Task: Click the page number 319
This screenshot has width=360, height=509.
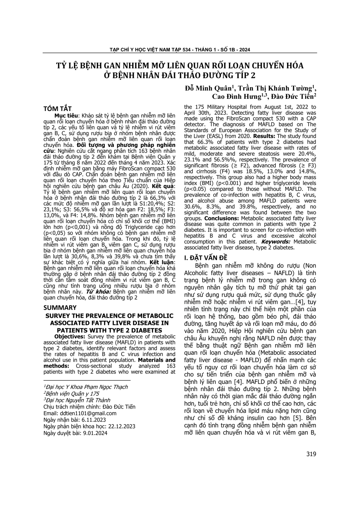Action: click(x=311, y=454)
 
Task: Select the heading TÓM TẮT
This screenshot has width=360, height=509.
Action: click(x=58, y=109)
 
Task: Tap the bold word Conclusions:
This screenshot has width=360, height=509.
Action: click(x=222, y=218)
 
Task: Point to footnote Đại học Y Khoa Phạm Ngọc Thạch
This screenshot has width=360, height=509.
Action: click(x=86, y=387)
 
